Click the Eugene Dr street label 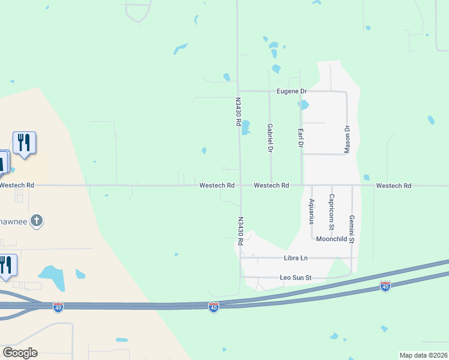[x=292, y=91]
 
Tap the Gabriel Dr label [x=270, y=137]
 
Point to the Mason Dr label [x=347, y=139]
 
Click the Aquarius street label [x=312, y=211]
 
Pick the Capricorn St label [x=331, y=212]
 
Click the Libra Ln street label [x=295, y=258]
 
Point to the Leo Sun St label [x=296, y=278]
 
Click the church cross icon [x=37, y=221]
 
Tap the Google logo [x=20, y=353]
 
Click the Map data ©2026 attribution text [x=423, y=355]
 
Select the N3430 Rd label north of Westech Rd [x=238, y=112]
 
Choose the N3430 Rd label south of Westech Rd [x=240, y=231]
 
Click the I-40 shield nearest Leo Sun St [x=385, y=287]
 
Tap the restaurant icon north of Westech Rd [x=24, y=143]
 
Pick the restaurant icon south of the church [x=6, y=265]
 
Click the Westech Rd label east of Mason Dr [x=393, y=186]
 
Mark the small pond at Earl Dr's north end [x=303, y=105]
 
